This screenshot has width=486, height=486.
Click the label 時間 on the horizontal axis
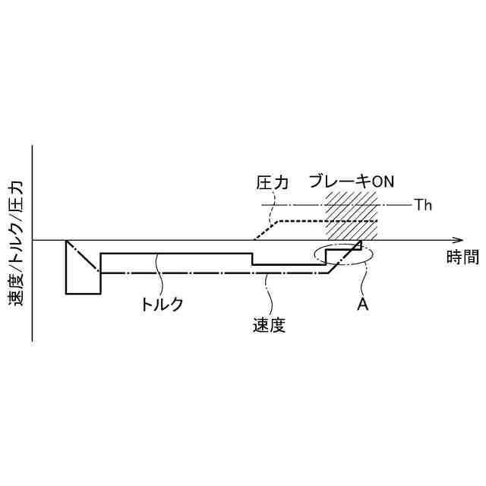(x=462, y=257)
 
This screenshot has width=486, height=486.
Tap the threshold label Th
(x=423, y=204)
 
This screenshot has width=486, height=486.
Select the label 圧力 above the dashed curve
(x=273, y=182)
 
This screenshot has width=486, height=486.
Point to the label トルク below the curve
(x=162, y=304)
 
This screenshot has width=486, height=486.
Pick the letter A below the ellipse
(x=363, y=304)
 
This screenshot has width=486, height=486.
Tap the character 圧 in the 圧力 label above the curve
(x=264, y=182)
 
